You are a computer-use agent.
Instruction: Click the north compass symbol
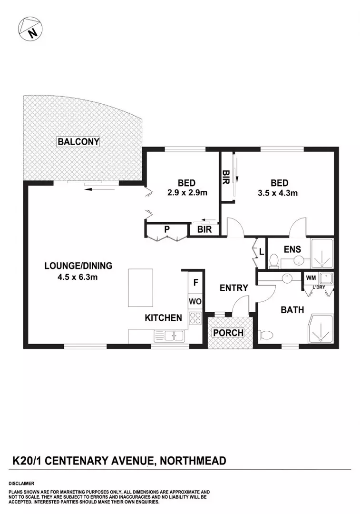tap(29, 29)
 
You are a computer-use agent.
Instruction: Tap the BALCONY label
tap(78, 142)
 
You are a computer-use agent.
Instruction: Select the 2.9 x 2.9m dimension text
tap(187, 192)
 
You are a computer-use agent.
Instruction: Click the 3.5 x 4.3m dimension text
tap(278, 193)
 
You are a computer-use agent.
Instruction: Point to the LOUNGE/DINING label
tap(78, 266)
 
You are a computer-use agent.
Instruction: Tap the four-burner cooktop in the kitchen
tap(195, 318)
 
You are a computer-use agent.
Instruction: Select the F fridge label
tap(195, 282)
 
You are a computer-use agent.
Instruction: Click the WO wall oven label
tap(195, 301)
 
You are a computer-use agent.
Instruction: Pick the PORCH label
tap(228, 333)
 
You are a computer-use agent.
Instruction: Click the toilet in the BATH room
tap(265, 335)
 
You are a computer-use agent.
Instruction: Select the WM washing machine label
tap(311, 278)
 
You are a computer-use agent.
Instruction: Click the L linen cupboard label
tap(262, 252)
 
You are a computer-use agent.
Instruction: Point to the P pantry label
tap(167, 229)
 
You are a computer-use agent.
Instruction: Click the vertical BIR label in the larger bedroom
tap(225, 177)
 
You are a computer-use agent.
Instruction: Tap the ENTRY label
tap(234, 288)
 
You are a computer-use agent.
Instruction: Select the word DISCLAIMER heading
tap(21, 484)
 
